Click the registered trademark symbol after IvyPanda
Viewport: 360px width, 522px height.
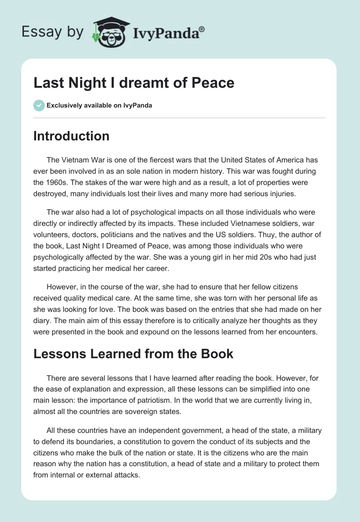(202, 29)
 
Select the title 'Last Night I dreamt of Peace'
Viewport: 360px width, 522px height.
(134, 83)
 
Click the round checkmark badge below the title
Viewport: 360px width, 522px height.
(39, 105)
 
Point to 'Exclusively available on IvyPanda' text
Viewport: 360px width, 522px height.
(99, 106)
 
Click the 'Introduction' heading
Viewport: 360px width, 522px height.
(71, 136)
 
